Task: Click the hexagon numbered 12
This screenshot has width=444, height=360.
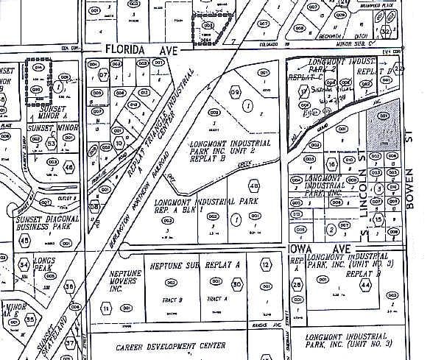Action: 265,264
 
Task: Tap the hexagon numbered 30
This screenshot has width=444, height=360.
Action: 236,284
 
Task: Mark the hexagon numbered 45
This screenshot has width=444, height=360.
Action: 25,240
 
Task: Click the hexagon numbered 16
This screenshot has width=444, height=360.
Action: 331,163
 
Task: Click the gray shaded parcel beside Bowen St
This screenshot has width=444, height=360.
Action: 384,130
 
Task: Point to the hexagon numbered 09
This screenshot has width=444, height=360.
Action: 236,93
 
